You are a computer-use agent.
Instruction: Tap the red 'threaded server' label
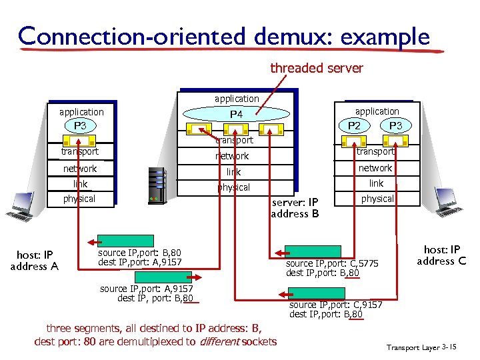316,68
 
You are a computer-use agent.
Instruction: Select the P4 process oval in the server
236,114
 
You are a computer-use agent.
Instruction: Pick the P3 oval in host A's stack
80,125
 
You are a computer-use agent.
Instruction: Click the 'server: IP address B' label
295,208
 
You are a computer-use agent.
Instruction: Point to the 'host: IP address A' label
34,261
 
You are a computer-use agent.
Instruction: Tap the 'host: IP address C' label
441,255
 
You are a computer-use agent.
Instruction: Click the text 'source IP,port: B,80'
139,253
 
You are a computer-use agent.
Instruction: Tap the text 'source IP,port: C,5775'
331,263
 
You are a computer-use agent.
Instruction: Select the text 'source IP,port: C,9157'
335,305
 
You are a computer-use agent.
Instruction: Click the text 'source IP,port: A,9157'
146,289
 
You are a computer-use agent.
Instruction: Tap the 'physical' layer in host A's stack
79,199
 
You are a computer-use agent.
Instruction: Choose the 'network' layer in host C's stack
377,168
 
